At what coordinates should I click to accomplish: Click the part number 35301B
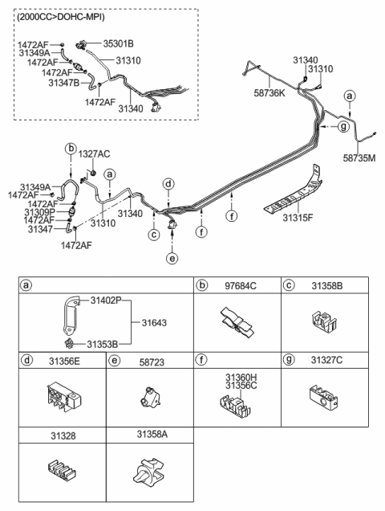118,43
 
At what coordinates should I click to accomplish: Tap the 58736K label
269,93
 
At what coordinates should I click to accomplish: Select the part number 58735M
359,158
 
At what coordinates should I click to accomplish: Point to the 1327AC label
94,153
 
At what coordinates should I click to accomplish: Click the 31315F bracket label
298,218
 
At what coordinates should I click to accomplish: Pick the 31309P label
39,212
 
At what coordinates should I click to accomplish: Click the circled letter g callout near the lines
343,126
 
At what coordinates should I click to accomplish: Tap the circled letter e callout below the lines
172,258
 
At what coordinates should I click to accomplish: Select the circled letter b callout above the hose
71,149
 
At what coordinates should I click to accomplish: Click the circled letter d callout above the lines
168,184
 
